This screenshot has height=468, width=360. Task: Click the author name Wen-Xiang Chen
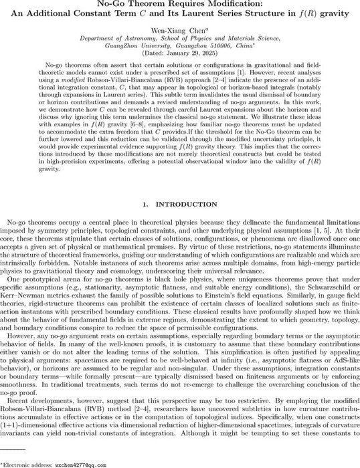(x=177, y=31)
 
